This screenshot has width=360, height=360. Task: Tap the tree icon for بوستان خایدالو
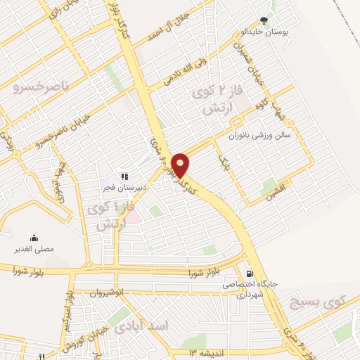264,21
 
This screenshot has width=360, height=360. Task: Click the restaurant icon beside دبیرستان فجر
123,176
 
